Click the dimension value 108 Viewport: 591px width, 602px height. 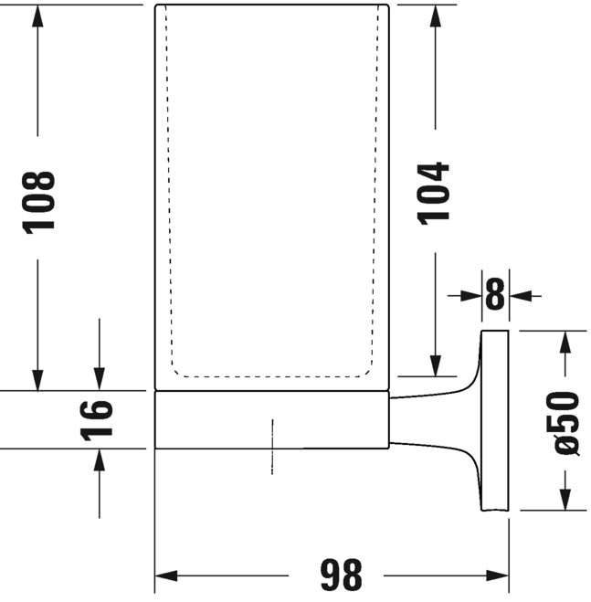pyautogui.click(x=38, y=203)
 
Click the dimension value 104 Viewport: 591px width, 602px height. pyautogui.click(x=433, y=194)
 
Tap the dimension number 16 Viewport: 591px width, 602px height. pyautogui.click(x=97, y=420)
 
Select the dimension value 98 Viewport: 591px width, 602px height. pyautogui.click(x=342, y=575)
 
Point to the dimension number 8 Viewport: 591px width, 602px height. pyautogui.click(x=495, y=294)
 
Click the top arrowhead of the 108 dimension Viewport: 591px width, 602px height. pyautogui.click(x=37, y=16)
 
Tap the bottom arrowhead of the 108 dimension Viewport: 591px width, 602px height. pyautogui.click(x=37, y=380)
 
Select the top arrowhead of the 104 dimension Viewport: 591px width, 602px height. pyautogui.click(x=436, y=16)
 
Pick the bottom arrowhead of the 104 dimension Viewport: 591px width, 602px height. pyautogui.click(x=436, y=365)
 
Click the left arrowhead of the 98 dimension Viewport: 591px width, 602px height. pyautogui.click(x=166, y=576)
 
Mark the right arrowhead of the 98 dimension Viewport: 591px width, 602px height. pyautogui.click(x=498, y=576)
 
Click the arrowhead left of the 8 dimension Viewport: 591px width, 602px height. pyautogui.click(x=471, y=296)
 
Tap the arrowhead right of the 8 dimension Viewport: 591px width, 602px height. pyautogui.click(x=520, y=296)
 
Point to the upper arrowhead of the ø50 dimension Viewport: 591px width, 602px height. pyautogui.click(x=565, y=342)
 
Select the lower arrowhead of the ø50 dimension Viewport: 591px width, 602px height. pyautogui.click(x=565, y=500)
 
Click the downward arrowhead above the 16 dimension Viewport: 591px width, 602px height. pyautogui.click(x=100, y=379)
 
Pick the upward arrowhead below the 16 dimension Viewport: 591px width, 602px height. pyautogui.click(x=100, y=459)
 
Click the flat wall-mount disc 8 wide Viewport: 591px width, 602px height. pyautogui.click(x=495, y=420)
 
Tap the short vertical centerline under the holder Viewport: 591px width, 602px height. pyautogui.click(x=272, y=447)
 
